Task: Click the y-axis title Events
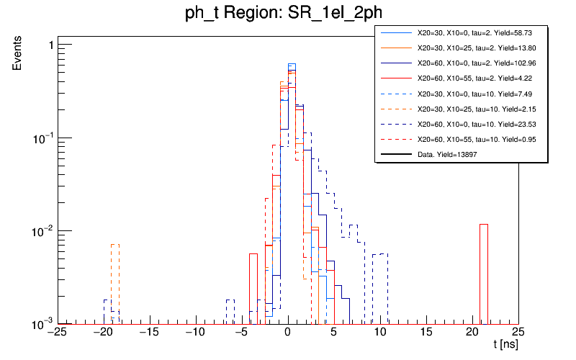tap(22, 62)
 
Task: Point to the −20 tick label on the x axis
tap(103, 332)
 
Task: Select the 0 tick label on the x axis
tap(287, 332)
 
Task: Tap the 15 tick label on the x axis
tap(426, 332)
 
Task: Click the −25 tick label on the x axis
tap(57, 332)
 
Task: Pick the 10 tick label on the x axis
tap(379, 332)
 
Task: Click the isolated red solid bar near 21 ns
tap(484, 274)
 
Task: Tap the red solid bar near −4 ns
tap(253, 288)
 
